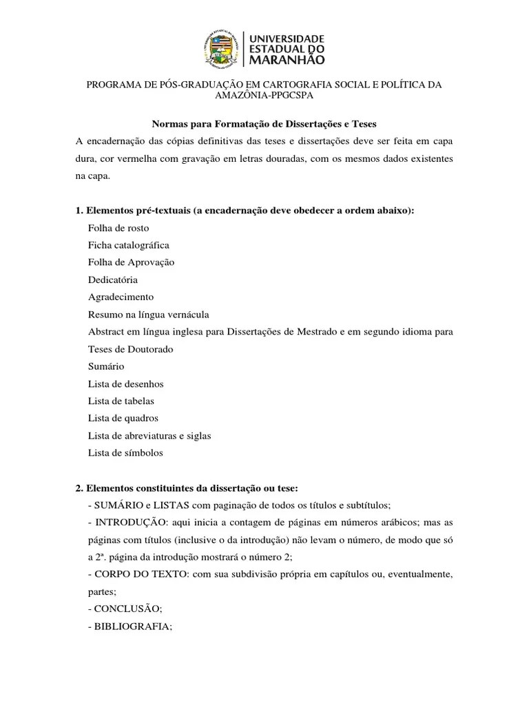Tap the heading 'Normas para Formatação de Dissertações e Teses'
(264, 123)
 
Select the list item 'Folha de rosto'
(118, 228)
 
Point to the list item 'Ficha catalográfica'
(129, 245)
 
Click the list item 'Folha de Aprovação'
(132, 262)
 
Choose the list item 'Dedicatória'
(113, 280)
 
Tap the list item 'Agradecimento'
(121, 297)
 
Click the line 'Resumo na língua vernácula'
(148, 315)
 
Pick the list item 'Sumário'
(106, 366)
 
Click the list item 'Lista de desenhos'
(126, 383)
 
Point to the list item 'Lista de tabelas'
(121, 401)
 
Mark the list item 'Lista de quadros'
(123, 418)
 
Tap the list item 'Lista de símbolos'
(125, 453)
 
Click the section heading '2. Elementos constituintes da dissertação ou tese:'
(186, 488)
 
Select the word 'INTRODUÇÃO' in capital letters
(128, 523)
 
